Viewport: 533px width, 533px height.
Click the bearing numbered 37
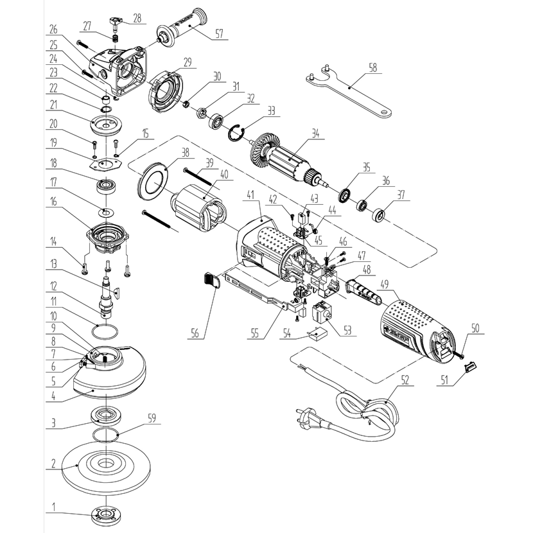pyautogui.click(x=379, y=214)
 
